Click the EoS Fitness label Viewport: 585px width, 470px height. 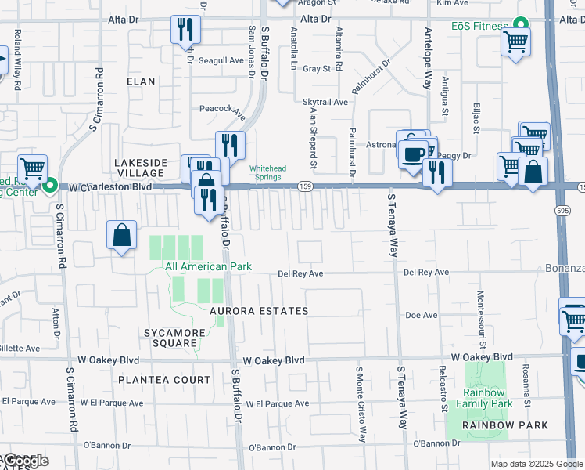tap(479, 26)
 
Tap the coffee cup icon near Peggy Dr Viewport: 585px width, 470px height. tap(413, 152)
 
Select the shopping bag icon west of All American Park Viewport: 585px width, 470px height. tap(123, 235)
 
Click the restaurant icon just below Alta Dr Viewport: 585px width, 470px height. tap(185, 30)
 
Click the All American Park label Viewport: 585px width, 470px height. tap(208, 266)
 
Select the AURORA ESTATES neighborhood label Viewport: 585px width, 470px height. tap(259, 311)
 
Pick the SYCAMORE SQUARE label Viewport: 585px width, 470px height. tap(170, 338)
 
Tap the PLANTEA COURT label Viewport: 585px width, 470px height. tap(164, 380)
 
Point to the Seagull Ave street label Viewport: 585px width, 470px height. tap(221, 60)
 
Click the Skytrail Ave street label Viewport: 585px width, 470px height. tap(325, 102)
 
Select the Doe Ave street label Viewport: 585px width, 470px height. tap(421, 315)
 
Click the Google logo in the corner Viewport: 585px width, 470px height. tap(25, 461)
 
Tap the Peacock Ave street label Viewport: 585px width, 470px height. tap(223, 110)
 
